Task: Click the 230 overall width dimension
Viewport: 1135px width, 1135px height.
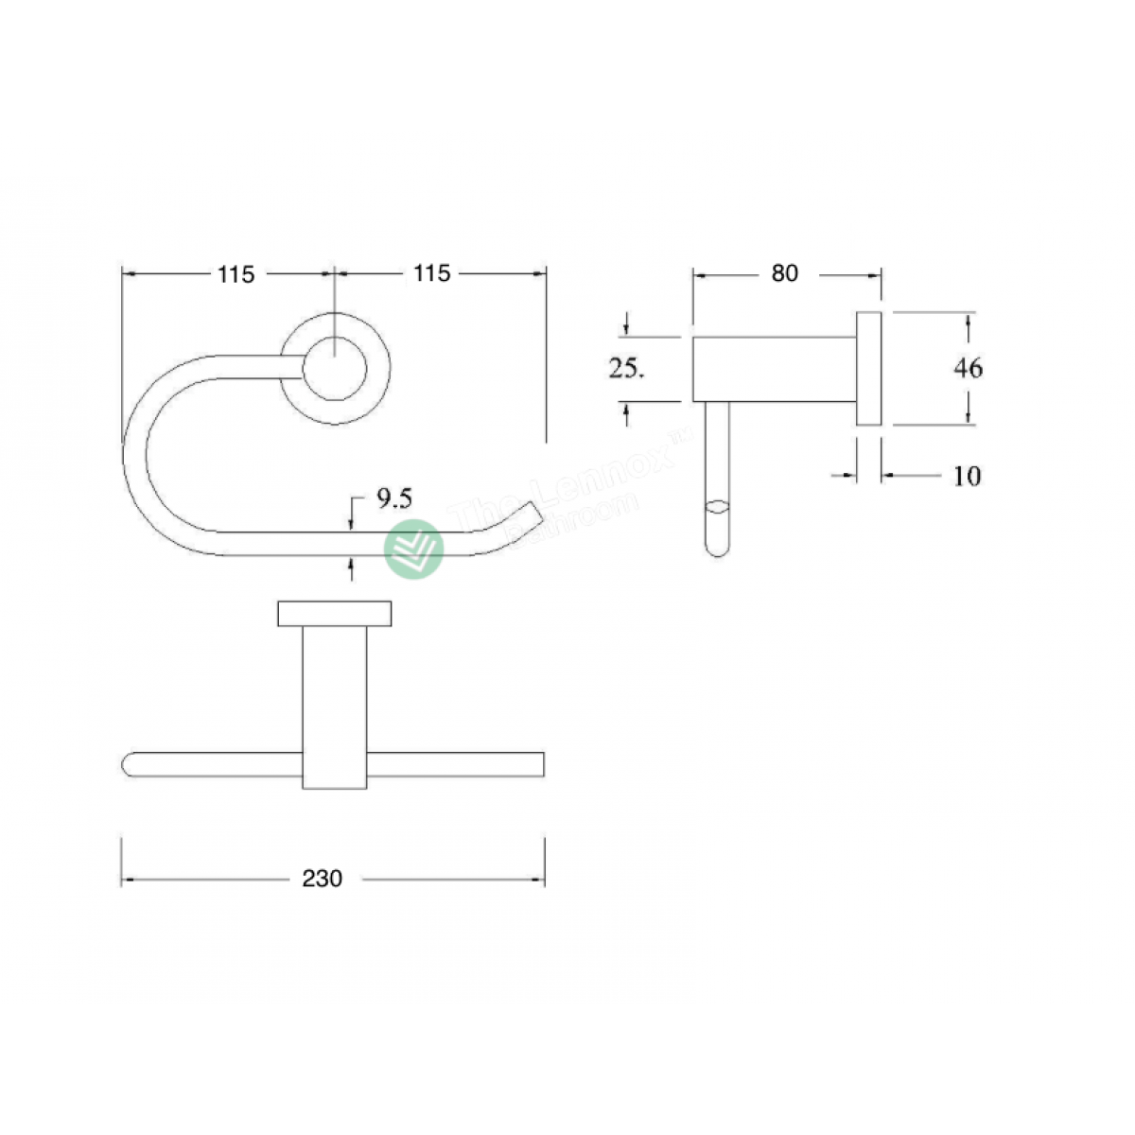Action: (x=322, y=879)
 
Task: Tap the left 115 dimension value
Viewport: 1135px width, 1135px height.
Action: (x=236, y=274)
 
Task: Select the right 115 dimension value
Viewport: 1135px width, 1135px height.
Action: (x=432, y=273)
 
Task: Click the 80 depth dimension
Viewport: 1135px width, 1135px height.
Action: (x=785, y=273)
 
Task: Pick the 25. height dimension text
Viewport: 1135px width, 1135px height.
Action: (x=626, y=369)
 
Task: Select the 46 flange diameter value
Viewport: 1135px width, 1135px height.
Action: (x=968, y=367)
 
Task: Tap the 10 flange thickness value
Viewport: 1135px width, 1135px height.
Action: (x=967, y=476)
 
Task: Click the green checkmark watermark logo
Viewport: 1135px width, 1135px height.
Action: (x=414, y=549)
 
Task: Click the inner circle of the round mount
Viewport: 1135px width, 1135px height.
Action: (x=336, y=366)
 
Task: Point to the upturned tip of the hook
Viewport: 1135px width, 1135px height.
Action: (x=530, y=513)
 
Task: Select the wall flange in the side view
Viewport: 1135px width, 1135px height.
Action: (x=869, y=368)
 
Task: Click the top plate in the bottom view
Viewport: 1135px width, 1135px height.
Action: (x=335, y=613)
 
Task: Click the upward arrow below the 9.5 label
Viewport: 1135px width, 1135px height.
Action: (x=351, y=567)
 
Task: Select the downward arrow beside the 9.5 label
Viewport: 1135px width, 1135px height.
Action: (x=351, y=515)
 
